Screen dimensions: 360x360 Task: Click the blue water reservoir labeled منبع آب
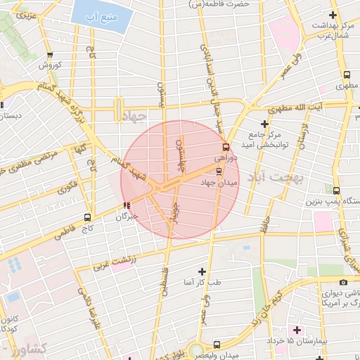(101, 15)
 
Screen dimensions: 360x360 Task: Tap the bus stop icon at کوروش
(49, 55)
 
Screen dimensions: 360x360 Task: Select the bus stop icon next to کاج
(87, 217)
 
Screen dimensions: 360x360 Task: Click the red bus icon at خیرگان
(127, 206)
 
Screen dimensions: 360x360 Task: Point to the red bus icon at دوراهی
(226, 148)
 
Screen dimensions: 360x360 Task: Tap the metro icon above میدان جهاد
(219, 171)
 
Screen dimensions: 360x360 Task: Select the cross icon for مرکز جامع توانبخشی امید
(264, 124)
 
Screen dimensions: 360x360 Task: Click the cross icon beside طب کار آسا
(202, 271)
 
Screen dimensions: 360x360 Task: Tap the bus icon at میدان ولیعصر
(217, 345)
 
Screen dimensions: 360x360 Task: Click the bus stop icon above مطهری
(347, 75)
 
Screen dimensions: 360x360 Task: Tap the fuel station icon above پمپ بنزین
(336, 191)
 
